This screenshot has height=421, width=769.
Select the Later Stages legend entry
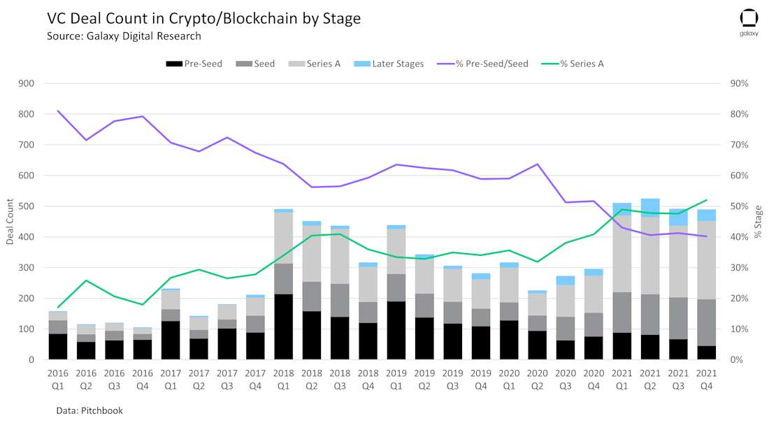[389, 64]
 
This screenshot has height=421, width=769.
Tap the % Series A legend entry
[573, 64]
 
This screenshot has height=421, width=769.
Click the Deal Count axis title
[10, 222]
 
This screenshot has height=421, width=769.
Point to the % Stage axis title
[759, 222]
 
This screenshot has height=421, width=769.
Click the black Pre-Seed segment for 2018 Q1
[284, 327]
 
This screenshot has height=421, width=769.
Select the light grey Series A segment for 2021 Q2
[650, 256]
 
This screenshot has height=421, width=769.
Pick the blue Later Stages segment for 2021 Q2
[650, 208]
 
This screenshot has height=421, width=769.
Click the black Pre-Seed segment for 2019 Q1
[396, 330]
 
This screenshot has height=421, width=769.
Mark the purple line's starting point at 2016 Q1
[58, 110]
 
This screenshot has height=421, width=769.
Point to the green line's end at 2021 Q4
[706, 200]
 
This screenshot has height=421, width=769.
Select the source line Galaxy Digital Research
[124, 36]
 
